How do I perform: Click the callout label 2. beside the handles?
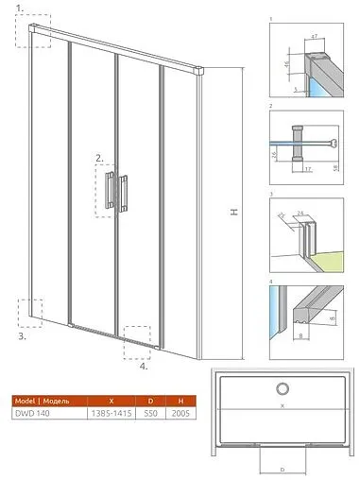click(99, 158)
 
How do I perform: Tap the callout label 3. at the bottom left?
click(22, 335)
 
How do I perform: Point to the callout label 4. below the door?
click(143, 367)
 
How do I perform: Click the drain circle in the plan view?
click(282, 389)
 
